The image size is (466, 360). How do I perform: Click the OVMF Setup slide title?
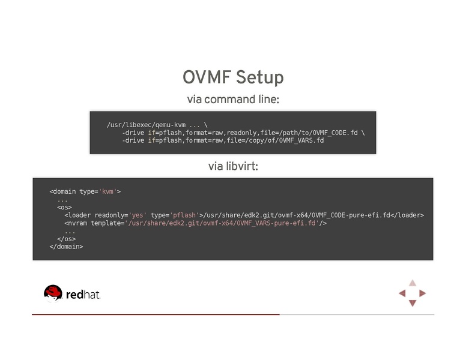(x=232, y=78)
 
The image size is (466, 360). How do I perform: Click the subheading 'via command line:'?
(x=232, y=100)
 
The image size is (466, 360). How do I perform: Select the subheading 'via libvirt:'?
(x=232, y=166)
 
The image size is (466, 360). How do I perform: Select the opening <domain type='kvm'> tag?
(x=85, y=191)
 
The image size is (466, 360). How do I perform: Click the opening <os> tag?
(x=64, y=207)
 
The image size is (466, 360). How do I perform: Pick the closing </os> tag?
(x=66, y=238)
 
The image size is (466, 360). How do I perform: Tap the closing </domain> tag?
(x=66, y=246)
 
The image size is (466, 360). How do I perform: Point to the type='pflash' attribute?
(x=174, y=215)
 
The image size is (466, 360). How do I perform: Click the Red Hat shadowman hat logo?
(x=53, y=293)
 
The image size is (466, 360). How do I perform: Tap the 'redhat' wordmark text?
(x=83, y=295)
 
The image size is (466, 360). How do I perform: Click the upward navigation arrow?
(x=413, y=283)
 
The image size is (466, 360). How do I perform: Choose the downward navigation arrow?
(x=413, y=304)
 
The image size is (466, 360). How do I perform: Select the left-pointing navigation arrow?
(x=402, y=293)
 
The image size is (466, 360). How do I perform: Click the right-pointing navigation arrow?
(x=423, y=293)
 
